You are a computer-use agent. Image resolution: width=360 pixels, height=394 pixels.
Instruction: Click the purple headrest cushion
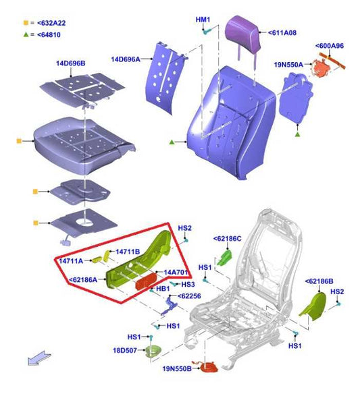[x=242, y=32]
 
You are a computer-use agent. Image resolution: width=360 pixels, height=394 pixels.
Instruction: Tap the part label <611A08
[x=282, y=32]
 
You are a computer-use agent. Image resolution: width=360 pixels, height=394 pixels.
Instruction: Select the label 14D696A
[x=126, y=59]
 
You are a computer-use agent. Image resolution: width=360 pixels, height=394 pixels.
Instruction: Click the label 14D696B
[x=71, y=63]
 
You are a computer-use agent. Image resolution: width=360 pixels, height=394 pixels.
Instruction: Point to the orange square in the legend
[x=26, y=23]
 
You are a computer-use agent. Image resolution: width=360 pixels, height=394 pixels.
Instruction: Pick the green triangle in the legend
[x=26, y=34]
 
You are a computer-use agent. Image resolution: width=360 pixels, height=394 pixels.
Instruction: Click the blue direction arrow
[x=39, y=358]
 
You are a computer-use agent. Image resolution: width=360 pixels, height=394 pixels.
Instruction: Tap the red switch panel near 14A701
[x=146, y=281]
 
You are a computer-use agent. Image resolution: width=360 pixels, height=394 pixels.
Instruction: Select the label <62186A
[x=83, y=279]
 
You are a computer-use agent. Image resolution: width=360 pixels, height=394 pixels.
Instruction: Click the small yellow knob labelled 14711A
[x=97, y=260]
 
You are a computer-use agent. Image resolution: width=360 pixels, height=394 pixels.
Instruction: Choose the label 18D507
[x=125, y=350]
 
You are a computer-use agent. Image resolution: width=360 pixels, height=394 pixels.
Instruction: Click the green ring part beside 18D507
[x=153, y=351]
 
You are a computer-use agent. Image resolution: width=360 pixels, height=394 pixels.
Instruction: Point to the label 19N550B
[x=177, y=368]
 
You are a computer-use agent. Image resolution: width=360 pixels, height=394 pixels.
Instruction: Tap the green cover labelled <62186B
[x=313, y=306]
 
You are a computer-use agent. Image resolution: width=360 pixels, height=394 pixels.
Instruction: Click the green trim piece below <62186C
[x=224, y=258]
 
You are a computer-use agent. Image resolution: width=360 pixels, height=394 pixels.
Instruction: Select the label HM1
[x=203, y=20]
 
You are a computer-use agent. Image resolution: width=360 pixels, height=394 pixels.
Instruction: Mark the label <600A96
[x=330, y=46]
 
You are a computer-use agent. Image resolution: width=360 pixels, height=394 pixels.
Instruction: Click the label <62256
[x=189, y=296]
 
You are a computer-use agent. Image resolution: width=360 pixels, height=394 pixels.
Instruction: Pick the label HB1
[x=163, y=289]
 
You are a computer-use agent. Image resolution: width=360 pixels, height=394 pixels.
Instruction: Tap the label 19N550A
[x=288, y=65]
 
